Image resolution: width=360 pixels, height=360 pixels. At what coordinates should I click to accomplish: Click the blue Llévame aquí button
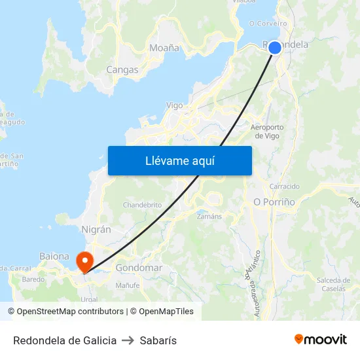point(179,160)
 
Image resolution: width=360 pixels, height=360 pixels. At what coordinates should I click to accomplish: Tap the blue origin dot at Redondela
point(275,48)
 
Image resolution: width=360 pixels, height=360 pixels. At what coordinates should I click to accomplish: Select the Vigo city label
point(175,105)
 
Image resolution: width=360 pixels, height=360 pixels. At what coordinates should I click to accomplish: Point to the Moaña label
point(164,48)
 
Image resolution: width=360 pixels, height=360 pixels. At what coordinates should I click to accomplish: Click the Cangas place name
point(122,69)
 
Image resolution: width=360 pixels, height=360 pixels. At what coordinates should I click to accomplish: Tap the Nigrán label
point(96,230)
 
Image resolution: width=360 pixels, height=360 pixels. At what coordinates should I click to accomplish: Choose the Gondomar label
point(139,268)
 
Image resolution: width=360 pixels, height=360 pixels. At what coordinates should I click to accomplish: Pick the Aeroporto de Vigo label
point(267,132)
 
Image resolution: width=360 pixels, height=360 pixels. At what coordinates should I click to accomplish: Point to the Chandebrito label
point(142,205)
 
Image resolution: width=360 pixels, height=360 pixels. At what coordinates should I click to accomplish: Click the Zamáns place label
point(209,216)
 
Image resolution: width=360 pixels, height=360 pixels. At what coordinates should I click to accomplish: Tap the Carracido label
point(284,186)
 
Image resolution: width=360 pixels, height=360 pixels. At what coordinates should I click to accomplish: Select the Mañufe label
point(128,285)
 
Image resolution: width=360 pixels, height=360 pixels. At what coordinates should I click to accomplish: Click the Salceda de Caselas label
point(334,284)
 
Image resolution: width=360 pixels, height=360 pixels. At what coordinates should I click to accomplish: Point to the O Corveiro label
point(268,24)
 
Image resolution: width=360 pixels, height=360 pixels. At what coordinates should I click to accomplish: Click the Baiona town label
point(54,256)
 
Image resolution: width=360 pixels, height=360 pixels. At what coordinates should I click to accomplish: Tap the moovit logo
point(321,340)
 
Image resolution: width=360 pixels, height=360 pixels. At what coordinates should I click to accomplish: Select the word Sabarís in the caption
point(159,340)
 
